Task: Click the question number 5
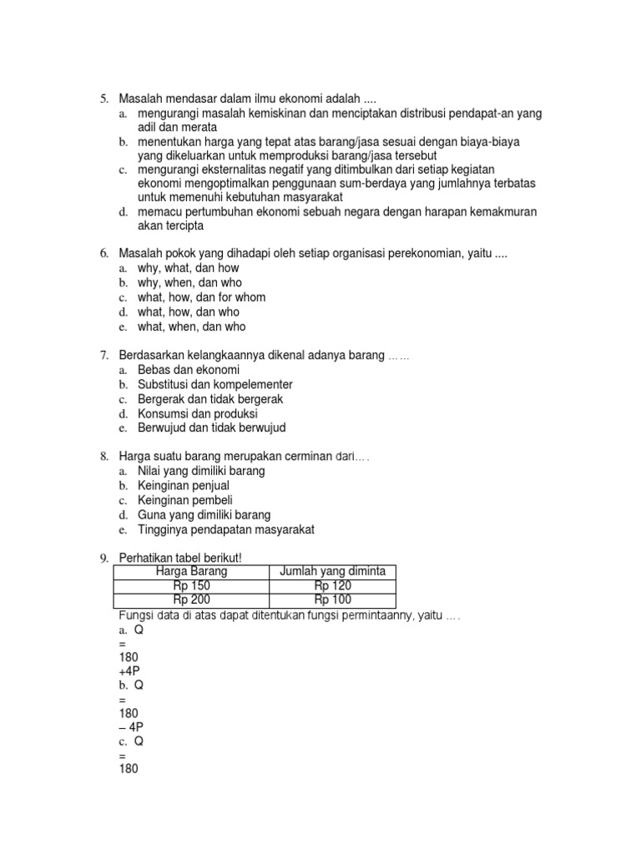tap(104, 99)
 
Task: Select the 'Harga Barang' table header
tap(191, 571)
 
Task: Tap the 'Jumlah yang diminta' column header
tap(332, 571)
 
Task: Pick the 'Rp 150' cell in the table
tap(191, 585)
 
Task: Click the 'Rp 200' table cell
tap(191, 600)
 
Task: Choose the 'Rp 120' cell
tap(332, 585)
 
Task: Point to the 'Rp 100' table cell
tap(332, 600)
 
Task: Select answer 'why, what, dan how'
tap(188, 268)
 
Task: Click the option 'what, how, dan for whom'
tap(201, 297)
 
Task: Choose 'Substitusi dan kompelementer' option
tap(215, 384)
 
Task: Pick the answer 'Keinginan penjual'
tap(183, 485)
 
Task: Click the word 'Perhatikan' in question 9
tap(146, 558)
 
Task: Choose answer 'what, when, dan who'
tap(191, 326)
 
